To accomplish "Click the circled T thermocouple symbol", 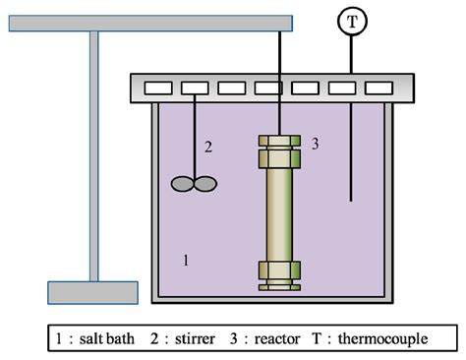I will (350, 20).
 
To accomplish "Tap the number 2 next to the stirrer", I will (208, 148).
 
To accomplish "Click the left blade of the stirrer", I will (184, 183).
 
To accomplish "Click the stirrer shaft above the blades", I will (196, 138).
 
